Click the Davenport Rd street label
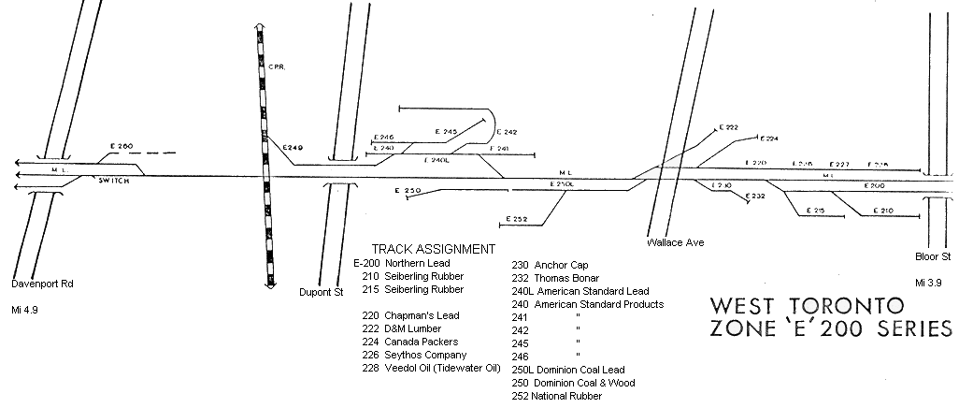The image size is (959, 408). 42,283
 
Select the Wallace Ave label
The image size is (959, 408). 675,242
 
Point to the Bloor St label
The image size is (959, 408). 932,256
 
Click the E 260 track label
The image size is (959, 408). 122,146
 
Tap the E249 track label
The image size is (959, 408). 293,148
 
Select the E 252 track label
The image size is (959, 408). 516,219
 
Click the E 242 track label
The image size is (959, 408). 507,132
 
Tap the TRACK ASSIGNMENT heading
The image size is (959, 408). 433,249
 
